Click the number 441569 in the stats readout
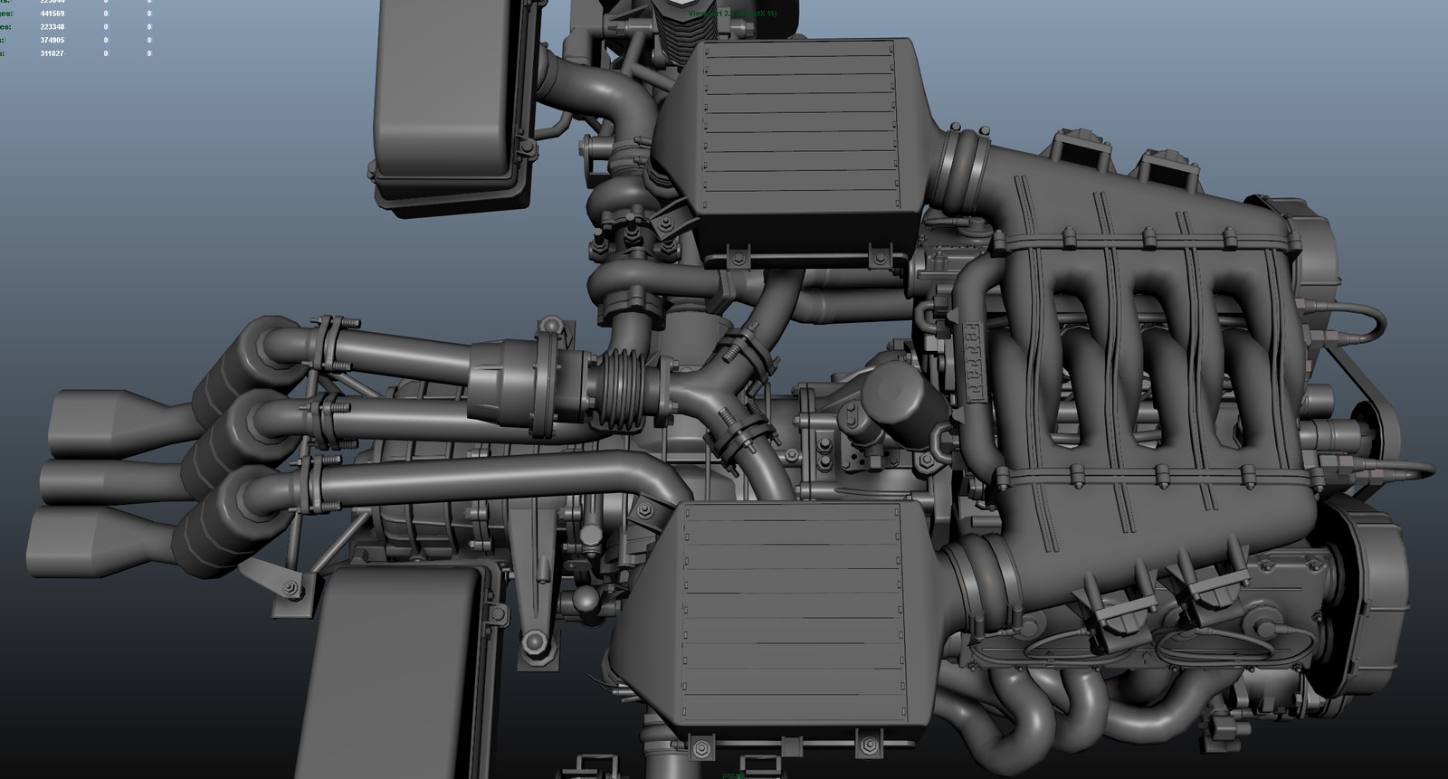(52, 14)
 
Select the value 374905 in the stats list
(52, 40)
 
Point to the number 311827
(52, 53)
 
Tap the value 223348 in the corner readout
(52, 27)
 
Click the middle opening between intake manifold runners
(1158, 380)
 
